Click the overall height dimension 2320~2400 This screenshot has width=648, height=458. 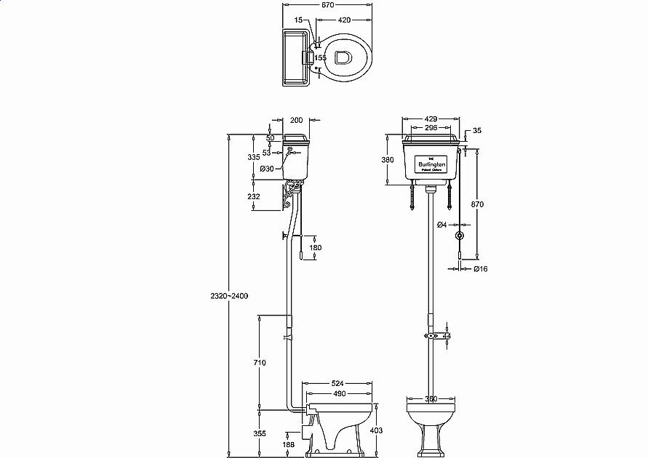point(228,296)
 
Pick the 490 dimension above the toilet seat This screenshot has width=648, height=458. point(340,394)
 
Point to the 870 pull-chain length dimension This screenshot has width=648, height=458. point(477,205)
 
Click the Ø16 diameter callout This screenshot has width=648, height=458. point(480,269)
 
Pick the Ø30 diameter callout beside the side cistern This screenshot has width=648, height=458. point(267,169)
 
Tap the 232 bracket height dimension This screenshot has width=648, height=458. point(254,196)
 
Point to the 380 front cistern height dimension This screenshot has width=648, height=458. point(388,159)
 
